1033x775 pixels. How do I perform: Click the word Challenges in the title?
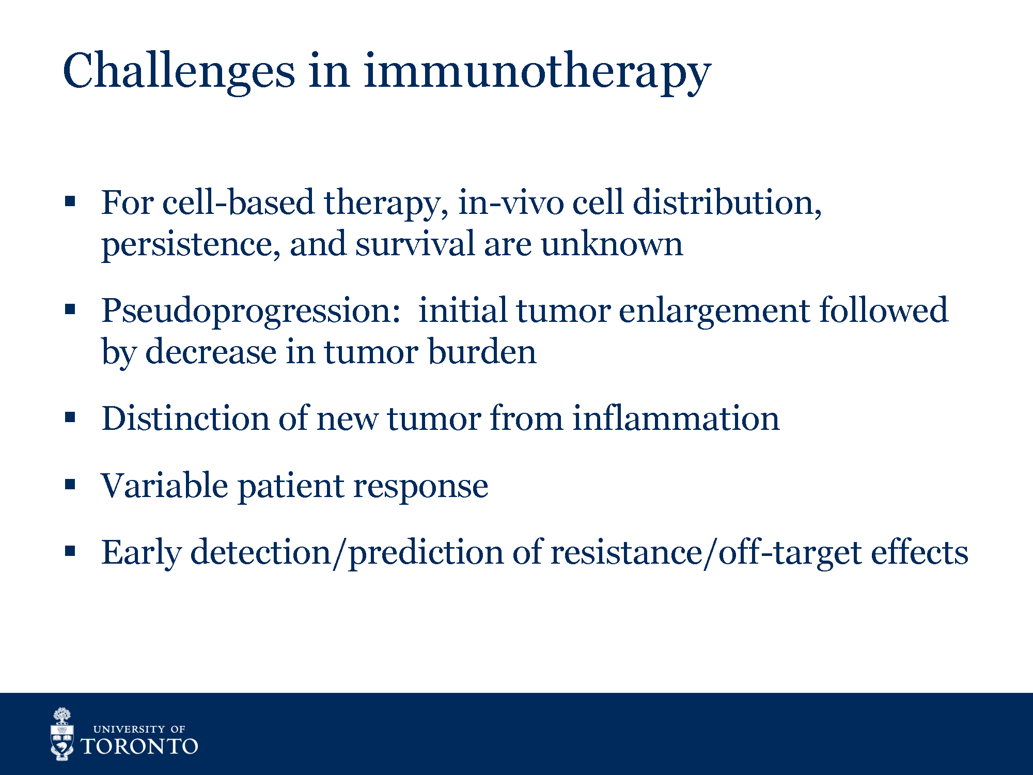point(179,71)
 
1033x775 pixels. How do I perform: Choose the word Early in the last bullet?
point(141,553)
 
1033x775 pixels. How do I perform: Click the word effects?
point(920,551)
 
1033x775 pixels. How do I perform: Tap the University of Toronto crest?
point(62,734)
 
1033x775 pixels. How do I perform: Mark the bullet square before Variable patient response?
point(70,484)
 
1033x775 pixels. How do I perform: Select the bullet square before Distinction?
point(70,417)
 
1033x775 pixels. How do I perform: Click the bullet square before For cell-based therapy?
point(70,201)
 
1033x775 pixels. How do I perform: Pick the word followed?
point(884,309)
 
